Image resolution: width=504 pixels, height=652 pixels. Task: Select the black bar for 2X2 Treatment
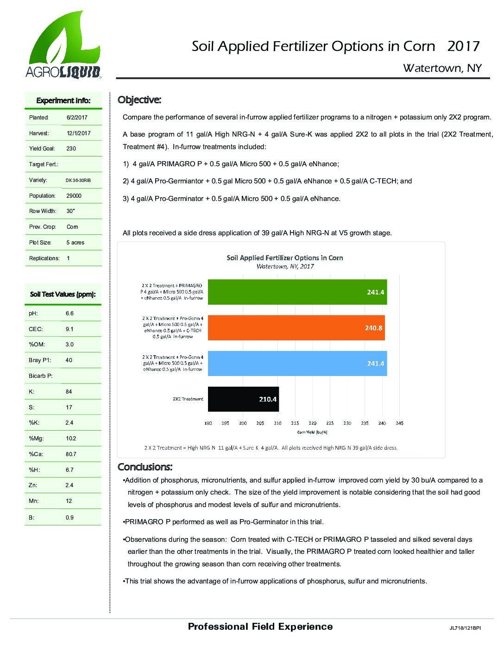tap(243, 399)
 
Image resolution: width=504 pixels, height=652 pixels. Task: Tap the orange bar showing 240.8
tap(296, 328)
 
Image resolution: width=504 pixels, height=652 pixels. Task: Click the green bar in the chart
tap(297, 292)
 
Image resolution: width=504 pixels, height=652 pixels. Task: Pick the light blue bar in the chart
tap(297, 364)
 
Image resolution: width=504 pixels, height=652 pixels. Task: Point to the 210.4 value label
tap(268, 399)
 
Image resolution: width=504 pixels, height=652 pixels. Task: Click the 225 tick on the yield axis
tap(330, 423)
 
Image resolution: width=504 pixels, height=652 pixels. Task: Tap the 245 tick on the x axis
tap(399, 423)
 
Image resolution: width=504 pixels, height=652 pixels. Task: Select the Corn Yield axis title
tap(312, 433)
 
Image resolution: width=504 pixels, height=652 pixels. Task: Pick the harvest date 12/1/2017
tap(78, 133)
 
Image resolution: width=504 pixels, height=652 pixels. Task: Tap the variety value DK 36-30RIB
tap(78, 180)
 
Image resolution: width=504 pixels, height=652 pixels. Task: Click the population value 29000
tap(73, 196)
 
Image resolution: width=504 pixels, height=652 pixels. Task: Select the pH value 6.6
tap(69, 313)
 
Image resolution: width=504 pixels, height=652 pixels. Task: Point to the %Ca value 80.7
tap(71, 454)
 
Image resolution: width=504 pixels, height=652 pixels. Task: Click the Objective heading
tap(139, 100)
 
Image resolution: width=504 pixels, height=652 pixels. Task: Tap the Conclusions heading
tap(145, 466)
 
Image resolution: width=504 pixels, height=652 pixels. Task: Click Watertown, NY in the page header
tap(442, 68)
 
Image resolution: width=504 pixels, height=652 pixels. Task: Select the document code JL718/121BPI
tap(465, 628)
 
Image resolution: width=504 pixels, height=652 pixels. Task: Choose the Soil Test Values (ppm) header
tap(63, 294)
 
